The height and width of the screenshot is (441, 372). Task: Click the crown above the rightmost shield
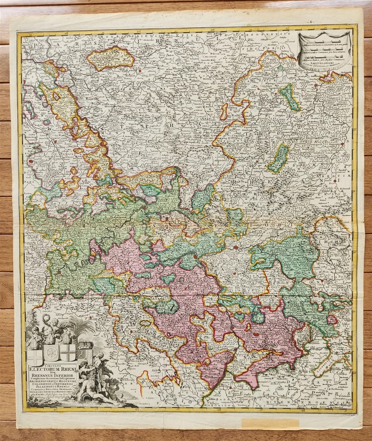pos(85,345)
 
